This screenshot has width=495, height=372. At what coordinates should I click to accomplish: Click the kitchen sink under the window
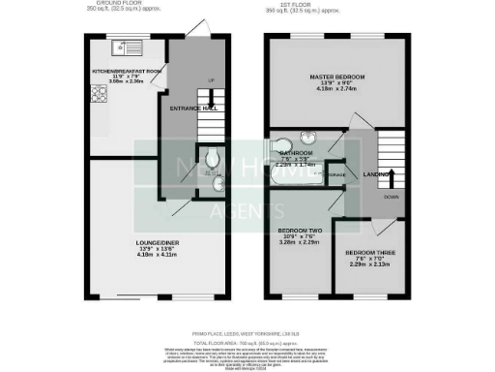coord(125,46)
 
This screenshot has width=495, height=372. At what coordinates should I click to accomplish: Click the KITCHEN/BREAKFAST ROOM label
coord(126,71)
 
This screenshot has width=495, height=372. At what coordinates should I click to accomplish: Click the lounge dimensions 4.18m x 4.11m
coord(159,253)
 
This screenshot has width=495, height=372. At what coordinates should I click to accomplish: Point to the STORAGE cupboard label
coord(335,175)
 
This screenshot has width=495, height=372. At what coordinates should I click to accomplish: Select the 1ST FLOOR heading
coord(336,5)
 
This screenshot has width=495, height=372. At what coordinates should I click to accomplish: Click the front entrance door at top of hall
coord(197,29)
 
